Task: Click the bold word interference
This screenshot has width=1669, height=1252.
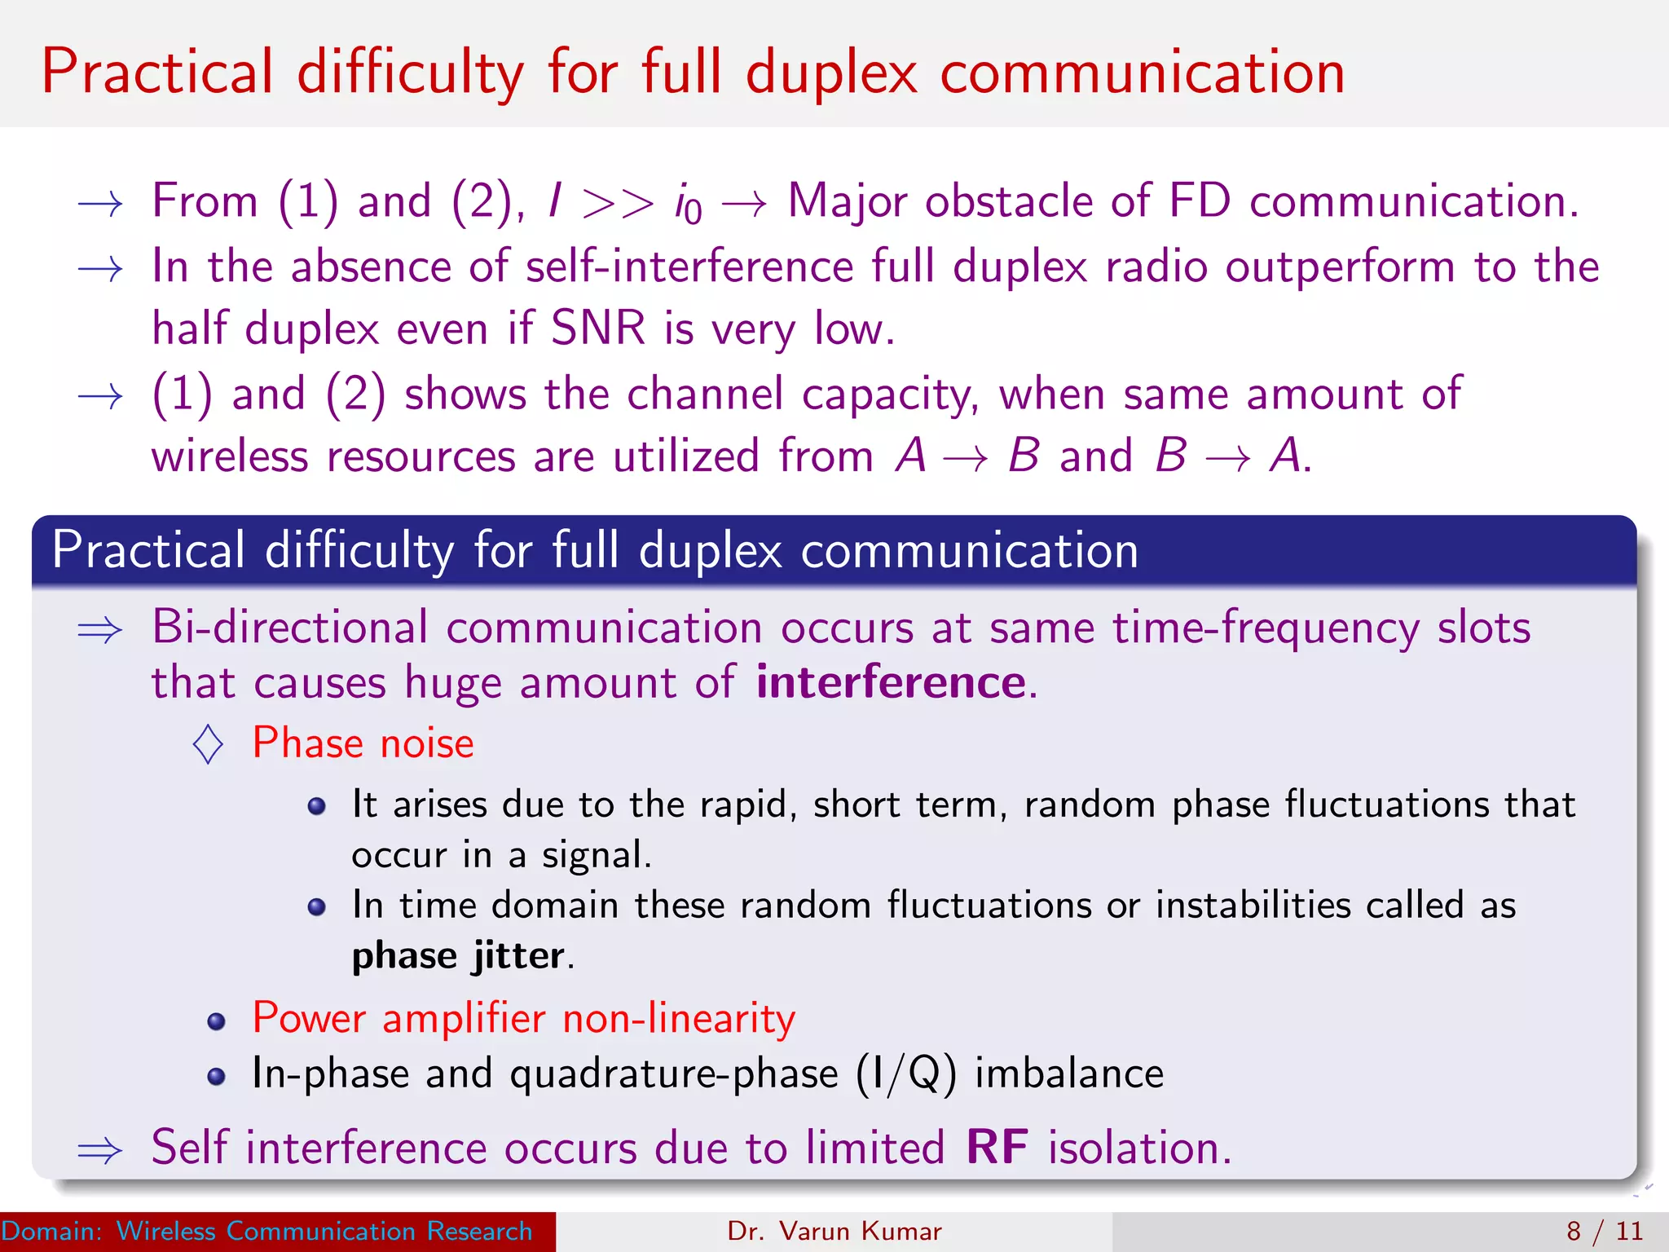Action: (891, 682)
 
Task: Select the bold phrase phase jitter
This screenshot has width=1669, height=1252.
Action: (458, 956)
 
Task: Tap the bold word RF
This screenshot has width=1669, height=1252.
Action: (997, 1148)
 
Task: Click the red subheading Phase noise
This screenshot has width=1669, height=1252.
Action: (363, 743)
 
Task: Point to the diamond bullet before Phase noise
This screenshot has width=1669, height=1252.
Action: (209, 744)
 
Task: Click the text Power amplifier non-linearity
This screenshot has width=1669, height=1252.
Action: (523, 1019)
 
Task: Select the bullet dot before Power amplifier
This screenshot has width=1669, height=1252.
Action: (216, 1022)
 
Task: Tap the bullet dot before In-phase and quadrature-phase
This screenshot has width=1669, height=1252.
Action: (216, 1077)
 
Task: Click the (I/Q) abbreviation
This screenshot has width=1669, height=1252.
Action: (905, 1074)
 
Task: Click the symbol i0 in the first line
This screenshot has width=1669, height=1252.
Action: (688, 204)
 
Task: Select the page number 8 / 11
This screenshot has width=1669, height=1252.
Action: (1605, 1231)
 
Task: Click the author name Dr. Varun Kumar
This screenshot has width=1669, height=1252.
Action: (834, 1231)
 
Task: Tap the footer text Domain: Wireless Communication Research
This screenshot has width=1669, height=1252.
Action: (266, 1231)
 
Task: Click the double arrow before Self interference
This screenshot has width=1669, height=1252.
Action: (99, 1150)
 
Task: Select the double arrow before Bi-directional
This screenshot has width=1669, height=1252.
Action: (99, 630)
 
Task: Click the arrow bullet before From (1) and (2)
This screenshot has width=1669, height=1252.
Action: (99, 204)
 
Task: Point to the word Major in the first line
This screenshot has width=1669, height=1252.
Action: (847, 202)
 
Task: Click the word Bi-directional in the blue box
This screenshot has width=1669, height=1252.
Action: (290, 628)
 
